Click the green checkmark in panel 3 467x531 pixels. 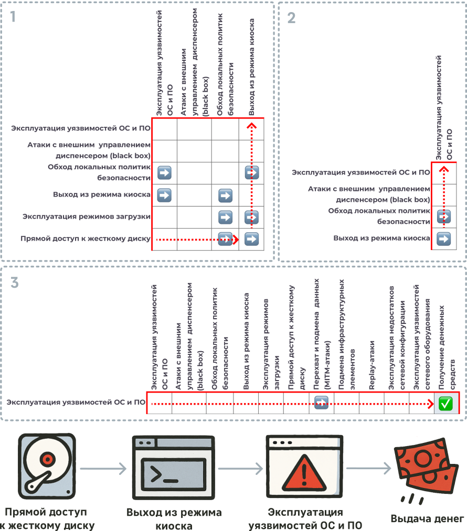click(x=445, y=403)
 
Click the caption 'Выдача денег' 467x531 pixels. click(x=427, y=519)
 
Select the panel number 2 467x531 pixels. click(x=292, y=18)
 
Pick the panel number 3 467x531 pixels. click(x=15, y=283)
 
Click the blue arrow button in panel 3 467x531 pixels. click(x=321, y=403)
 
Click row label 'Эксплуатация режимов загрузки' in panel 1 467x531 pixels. click(x=87, y=216)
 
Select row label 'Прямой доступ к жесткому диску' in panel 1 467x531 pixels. click(x=86, y=239)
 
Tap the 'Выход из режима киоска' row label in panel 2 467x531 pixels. click(x=381, y=239)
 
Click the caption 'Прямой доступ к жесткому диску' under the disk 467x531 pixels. click(x=47, y=518)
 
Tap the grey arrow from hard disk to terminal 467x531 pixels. click(x=103, y=469)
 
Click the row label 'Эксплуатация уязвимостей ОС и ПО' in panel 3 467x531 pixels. click(x=76, y=403)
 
